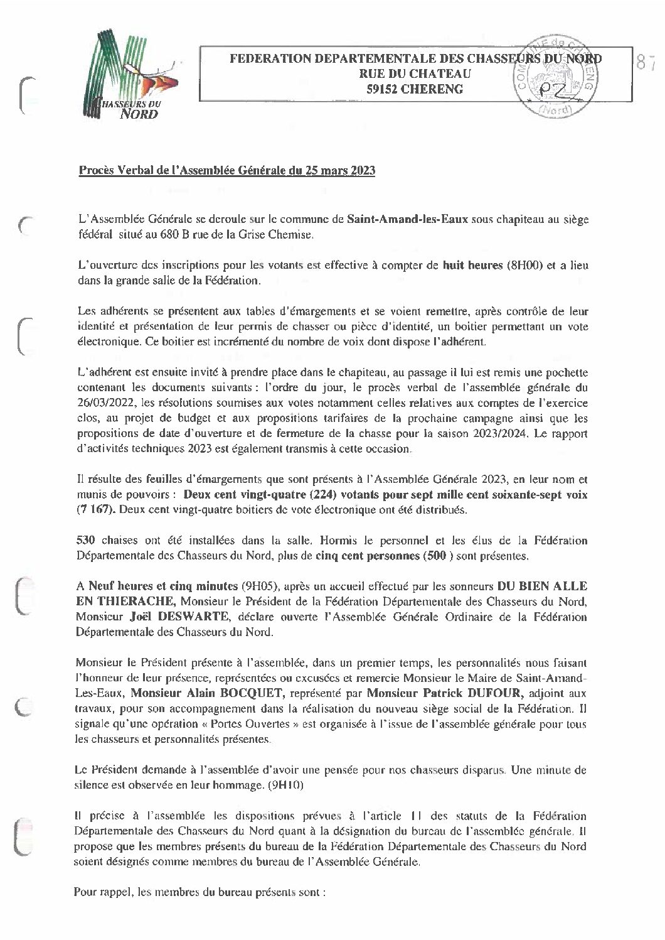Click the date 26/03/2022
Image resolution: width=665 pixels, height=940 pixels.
[x=102, y=402]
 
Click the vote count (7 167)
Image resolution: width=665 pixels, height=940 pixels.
[x=95, y=510]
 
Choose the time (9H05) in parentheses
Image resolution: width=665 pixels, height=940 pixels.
[x=260, y=586]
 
